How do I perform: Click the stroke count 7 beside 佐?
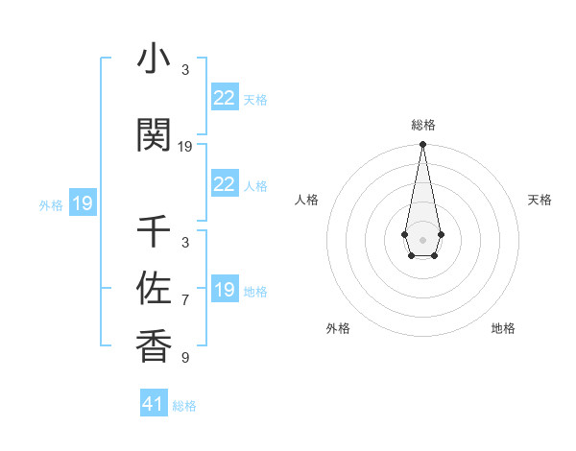click(185, 301)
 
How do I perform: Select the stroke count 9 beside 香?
click(185, 358)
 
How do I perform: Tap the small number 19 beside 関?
click(185, 147)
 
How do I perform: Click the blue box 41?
click(154, 404)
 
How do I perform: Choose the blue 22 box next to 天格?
click(224, 97)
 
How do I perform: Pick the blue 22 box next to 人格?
click(224, 184)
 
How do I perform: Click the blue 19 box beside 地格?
click(224, 290)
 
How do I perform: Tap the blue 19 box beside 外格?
click(82, 203)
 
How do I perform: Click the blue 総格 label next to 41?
click(184, 406)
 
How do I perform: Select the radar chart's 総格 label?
click(422, 125)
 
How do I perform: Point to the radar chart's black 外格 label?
click(338, 328)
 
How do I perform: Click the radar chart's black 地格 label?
click(503, 328)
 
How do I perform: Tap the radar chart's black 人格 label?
click(307, 200)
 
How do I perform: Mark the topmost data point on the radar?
click(422, 144)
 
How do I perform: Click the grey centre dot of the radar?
click(422, 238)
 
